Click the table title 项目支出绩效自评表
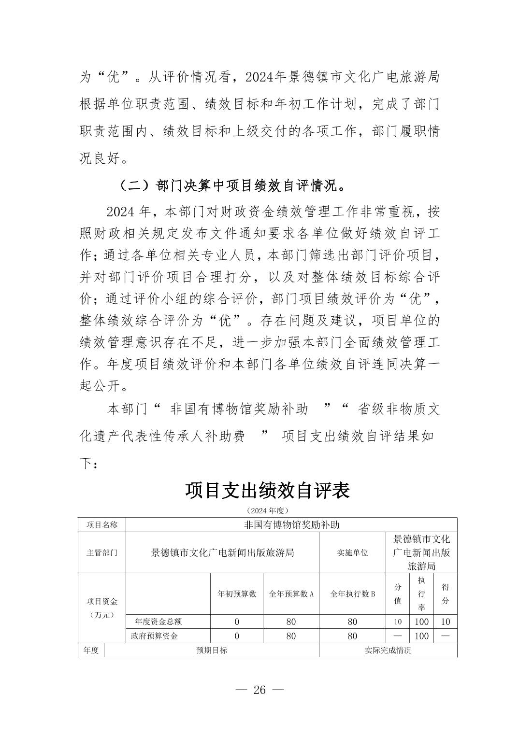tap(267, 491)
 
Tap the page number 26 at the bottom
tap(259, 690)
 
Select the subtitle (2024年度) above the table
tap(267, 510)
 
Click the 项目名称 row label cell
tap(101, 525)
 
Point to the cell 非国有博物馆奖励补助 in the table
tap(291, 525)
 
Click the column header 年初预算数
tap(237, 594)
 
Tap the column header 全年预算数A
tap(291, 594)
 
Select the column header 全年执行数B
tap(352, 594)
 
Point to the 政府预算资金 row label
tap(155, 636)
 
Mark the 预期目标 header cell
tap(212, 650)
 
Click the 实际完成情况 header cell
tap(388, 650)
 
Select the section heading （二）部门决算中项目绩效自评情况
tap(232, 186)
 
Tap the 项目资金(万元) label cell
tap(101, 608)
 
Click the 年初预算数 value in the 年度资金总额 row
tap(237, 622)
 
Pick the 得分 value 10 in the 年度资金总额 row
tap(446, 622)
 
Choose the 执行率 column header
tap(421, 594)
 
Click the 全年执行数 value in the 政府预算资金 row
tap(352, 636)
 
